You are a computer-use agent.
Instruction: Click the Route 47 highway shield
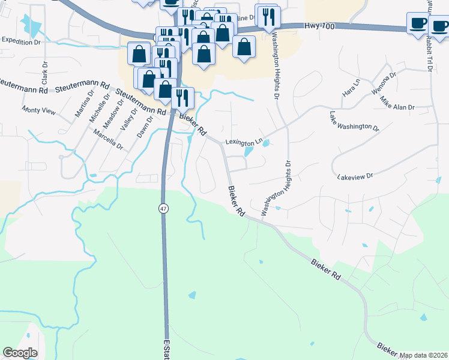[x=163, y=208]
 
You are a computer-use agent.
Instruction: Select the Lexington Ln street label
[x=244, y=142]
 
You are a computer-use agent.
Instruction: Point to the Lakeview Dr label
[x=355, y=177]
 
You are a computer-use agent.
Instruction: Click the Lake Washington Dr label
[x=354, y=121]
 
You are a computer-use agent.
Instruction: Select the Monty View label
[x=38, y=110]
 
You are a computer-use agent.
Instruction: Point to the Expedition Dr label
[x=20, y=41]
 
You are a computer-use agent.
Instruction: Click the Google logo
[x=20, y=353]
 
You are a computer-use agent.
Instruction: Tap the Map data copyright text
[x=423, y=355]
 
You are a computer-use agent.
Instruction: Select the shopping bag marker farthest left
[x=139, y=54]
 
